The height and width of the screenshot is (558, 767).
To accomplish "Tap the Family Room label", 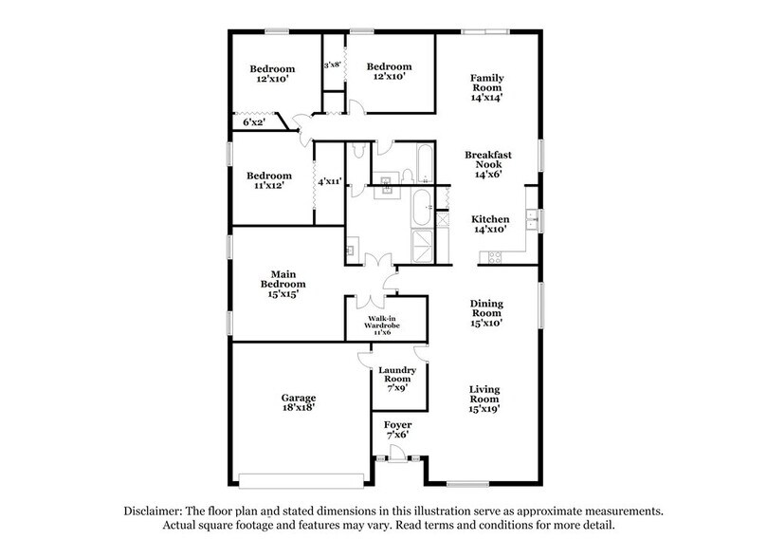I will click(487, 86).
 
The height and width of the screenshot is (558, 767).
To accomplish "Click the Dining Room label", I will click(486, 313).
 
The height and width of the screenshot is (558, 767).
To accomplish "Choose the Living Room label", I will click(485, 399).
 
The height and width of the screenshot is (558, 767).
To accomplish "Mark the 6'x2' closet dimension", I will click(253, 122).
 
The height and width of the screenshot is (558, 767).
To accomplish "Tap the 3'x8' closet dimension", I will click(333, 65).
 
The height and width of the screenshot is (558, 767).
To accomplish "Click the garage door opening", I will click(301, 476).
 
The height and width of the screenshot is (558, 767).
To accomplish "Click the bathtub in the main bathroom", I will click(420, 206).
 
